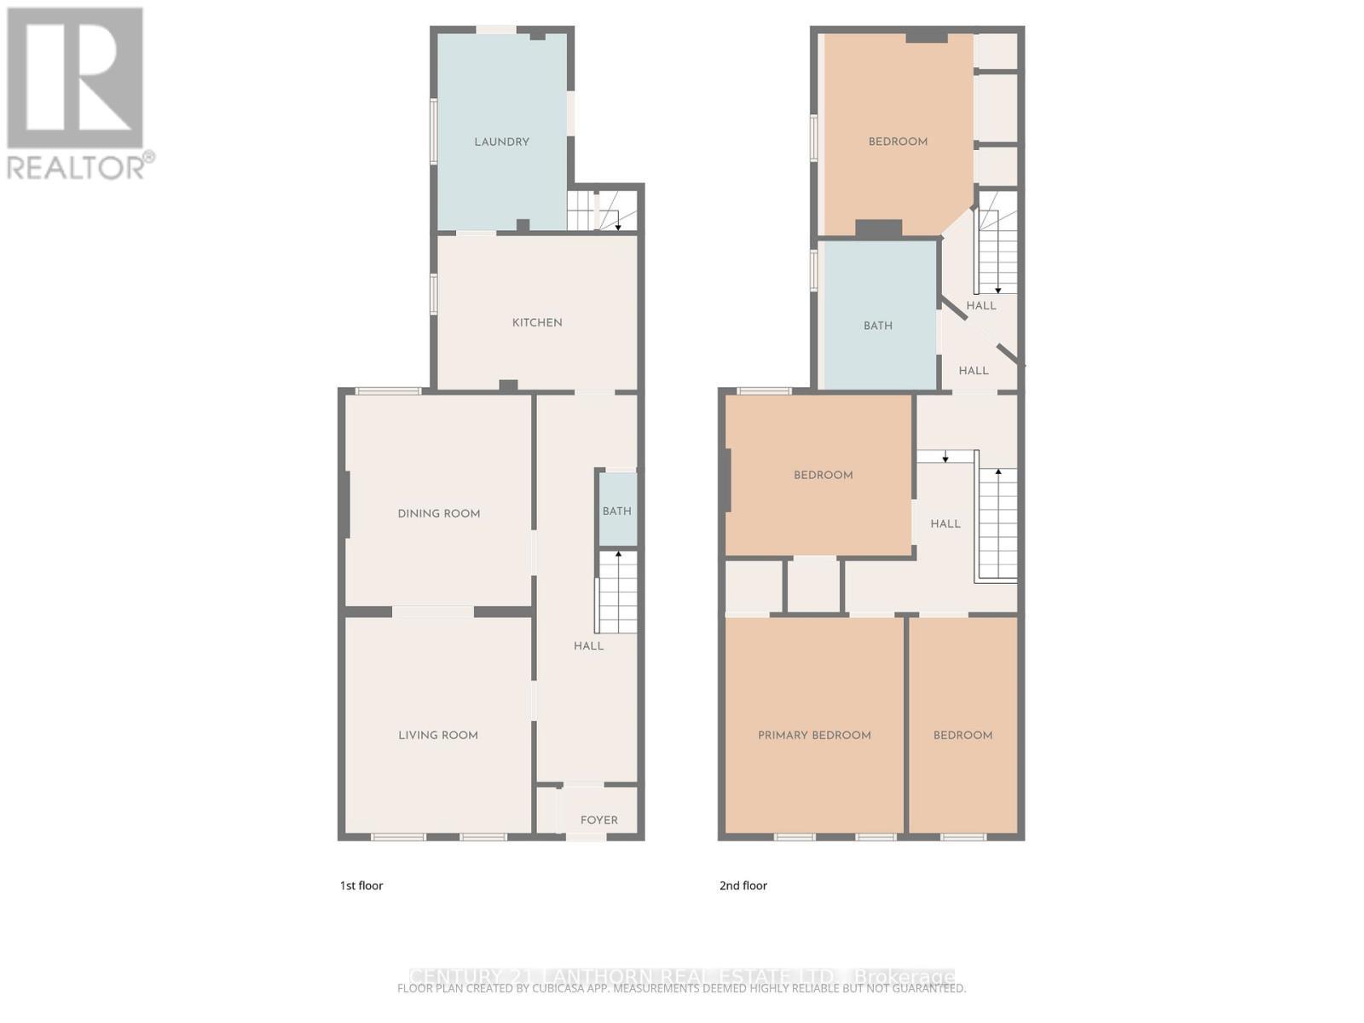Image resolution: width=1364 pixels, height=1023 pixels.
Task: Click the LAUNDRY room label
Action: coord(501,142)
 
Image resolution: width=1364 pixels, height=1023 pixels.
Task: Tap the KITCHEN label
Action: coord(537,322)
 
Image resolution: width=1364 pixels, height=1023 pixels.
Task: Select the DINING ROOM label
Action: coord(439,513)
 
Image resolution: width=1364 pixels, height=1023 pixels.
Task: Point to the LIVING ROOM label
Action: coord(438,735)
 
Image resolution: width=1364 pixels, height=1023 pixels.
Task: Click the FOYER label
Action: coord(598,820)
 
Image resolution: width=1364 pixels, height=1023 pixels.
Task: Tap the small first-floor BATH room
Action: coord(617,511)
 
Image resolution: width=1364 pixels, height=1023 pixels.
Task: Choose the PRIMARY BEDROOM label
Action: coord(814,735)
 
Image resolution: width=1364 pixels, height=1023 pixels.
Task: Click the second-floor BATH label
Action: coord(877,326)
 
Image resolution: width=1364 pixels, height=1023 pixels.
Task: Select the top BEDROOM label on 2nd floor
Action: coord(898,142)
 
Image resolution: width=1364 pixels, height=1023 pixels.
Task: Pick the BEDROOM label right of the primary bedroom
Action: coord(962,735)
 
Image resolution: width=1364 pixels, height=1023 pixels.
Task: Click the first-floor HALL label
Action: coord(588,646)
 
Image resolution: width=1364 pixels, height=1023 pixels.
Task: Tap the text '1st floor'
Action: coord(361,886)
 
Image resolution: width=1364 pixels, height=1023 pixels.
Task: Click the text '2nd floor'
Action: coord(743,886)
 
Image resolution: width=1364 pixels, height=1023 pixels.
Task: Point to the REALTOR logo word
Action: coord(77,166)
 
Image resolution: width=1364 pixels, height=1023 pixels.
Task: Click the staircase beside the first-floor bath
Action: coord(617,591)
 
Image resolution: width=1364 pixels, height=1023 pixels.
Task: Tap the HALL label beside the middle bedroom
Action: coord(945,524)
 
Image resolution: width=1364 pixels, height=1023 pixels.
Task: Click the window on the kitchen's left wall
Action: coord(434,294)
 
